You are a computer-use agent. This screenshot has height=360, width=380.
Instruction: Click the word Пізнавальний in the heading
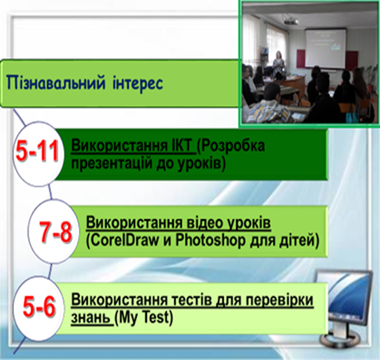click(x=56, y=83)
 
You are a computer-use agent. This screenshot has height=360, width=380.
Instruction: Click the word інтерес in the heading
click(x=138, y=83)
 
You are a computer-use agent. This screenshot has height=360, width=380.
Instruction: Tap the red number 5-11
click(x=37, y=151)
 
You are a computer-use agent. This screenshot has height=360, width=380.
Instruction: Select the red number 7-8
click(x=55, y=232)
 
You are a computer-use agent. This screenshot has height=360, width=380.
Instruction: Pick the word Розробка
click(x=231, y=146)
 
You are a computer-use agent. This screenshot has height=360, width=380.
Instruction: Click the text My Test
click(x=144, y=317)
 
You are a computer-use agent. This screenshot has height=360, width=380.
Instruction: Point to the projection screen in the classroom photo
click(x=325, y=48)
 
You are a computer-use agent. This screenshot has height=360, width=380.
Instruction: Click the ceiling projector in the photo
click(x=290, y=20)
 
